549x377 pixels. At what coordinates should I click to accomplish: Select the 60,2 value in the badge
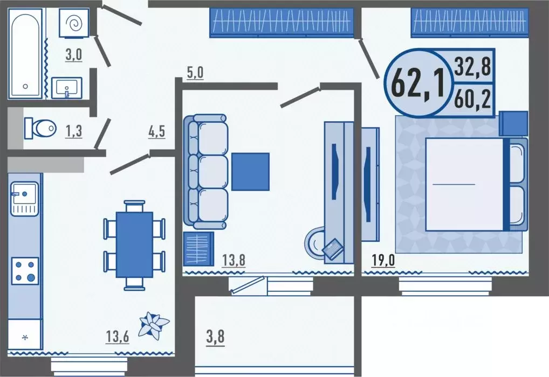tap(472, 99)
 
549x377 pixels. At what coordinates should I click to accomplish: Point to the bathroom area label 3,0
tap(73, 55)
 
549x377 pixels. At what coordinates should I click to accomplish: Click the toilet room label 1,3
tap(73, 131)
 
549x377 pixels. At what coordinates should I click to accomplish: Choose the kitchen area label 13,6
tap(118, 337)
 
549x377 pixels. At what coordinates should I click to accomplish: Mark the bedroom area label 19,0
tap(383, 261)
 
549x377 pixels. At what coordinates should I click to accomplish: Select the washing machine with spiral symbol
tap(74, 23)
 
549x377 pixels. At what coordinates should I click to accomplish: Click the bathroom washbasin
tap(67, 88)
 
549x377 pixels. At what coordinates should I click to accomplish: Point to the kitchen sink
tap(24, 198)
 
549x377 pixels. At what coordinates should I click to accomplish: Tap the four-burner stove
tap(25, 271)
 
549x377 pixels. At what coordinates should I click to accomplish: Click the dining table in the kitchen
tap(134, 245)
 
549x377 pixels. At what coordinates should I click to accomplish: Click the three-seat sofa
tap(205, 172)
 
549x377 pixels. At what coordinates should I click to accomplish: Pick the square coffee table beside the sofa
tap(250, 172)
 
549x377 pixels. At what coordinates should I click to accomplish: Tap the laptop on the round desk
tap(333, 248)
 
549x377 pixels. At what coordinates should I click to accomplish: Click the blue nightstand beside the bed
tap(513, 124)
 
